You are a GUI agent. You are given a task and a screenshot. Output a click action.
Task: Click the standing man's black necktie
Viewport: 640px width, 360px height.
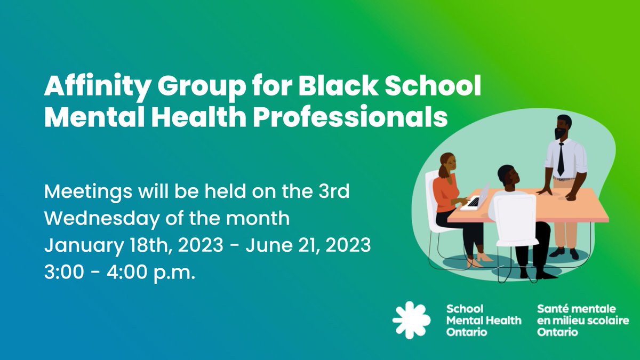click(561, 158)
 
